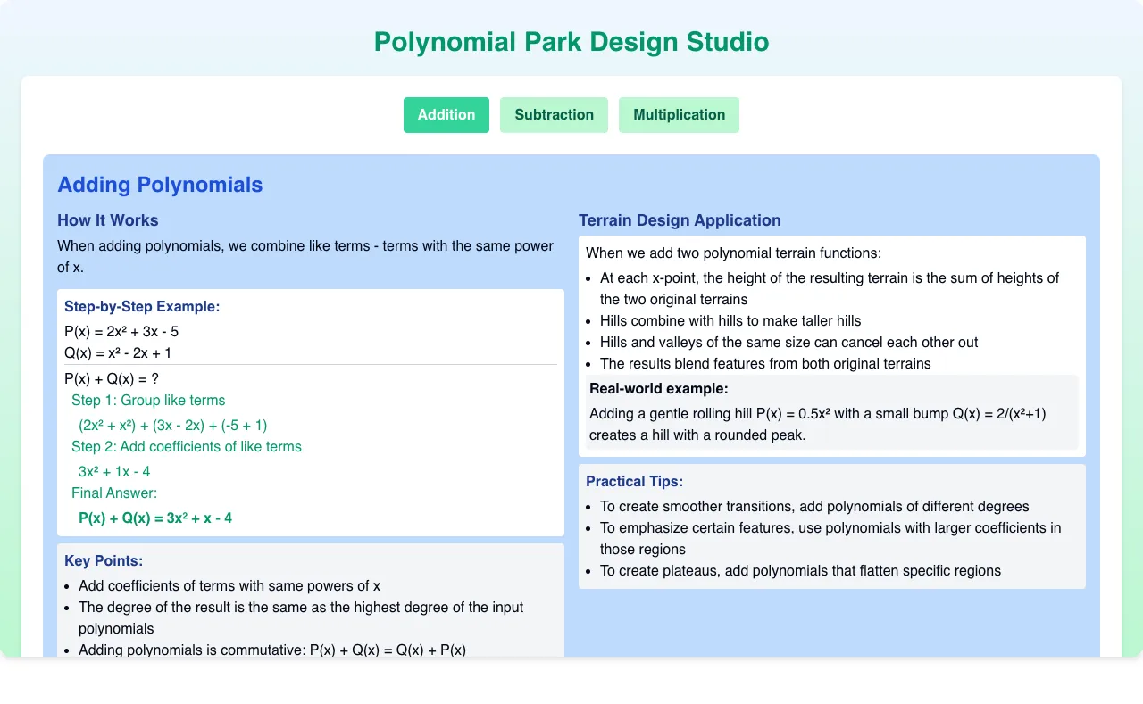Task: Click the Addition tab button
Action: pyautogui.click(x=446, y=115)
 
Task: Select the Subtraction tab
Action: pyautogui.click(x=554, y=115)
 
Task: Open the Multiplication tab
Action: pyautogui.click(x=679, y=115)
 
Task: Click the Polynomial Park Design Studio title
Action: pyautogui.click(x=571, y=42)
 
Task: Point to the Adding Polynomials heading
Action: pyautogui.click(x=160, y=185)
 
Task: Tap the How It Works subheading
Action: pyautogui.click(x=108, y=220)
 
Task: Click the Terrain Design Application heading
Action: pyautogui.click(x=680, y=220)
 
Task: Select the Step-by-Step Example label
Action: pyautogui.click(x=142, y=306)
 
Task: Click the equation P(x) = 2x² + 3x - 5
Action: pyautogui.click(x=121, y=331)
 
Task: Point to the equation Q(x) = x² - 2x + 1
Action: pyautogui.click(x=118, y=352)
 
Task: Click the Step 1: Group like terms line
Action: pyautogui.click(x=148, y=400)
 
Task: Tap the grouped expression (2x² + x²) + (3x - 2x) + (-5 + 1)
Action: pyautogui.click(x=173, y=425)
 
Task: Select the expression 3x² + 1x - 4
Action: pyautogui.click(x=114, y=471)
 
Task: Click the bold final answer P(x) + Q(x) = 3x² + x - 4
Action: pyautogui.click(x=155, y=518)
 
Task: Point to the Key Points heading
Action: pyautogui.click(x=104, y=560)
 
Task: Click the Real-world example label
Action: pyautogui.click(x=659, y=388)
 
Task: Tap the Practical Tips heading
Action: pyautogui.click(x=634, y=481)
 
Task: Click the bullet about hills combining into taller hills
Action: pyautogui.click(x=730, y=320)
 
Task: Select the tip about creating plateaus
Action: pyautogui.click(x=800, y=570)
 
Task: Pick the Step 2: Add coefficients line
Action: pyautogui.click(x=187, y=446)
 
